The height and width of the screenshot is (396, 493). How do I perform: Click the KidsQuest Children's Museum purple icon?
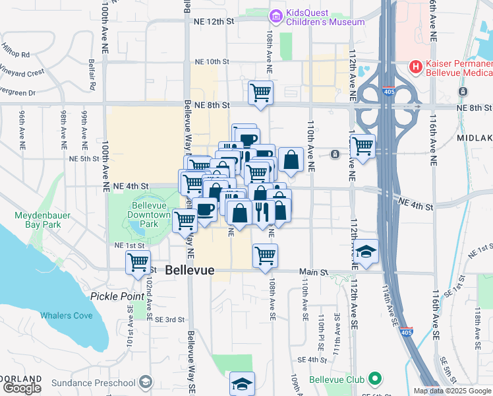click(277, 16)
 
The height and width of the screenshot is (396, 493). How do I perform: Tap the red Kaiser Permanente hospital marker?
click(415, 66)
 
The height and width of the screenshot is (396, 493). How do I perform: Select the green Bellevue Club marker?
click(376, 379)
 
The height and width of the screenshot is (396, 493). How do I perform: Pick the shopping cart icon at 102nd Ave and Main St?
click(138, 262)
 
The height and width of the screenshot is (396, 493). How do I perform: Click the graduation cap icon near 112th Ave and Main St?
click(366, 251)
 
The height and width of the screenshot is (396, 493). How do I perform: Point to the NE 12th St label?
click(214, 21)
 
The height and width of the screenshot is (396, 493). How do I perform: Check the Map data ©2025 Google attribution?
click(452, 391)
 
